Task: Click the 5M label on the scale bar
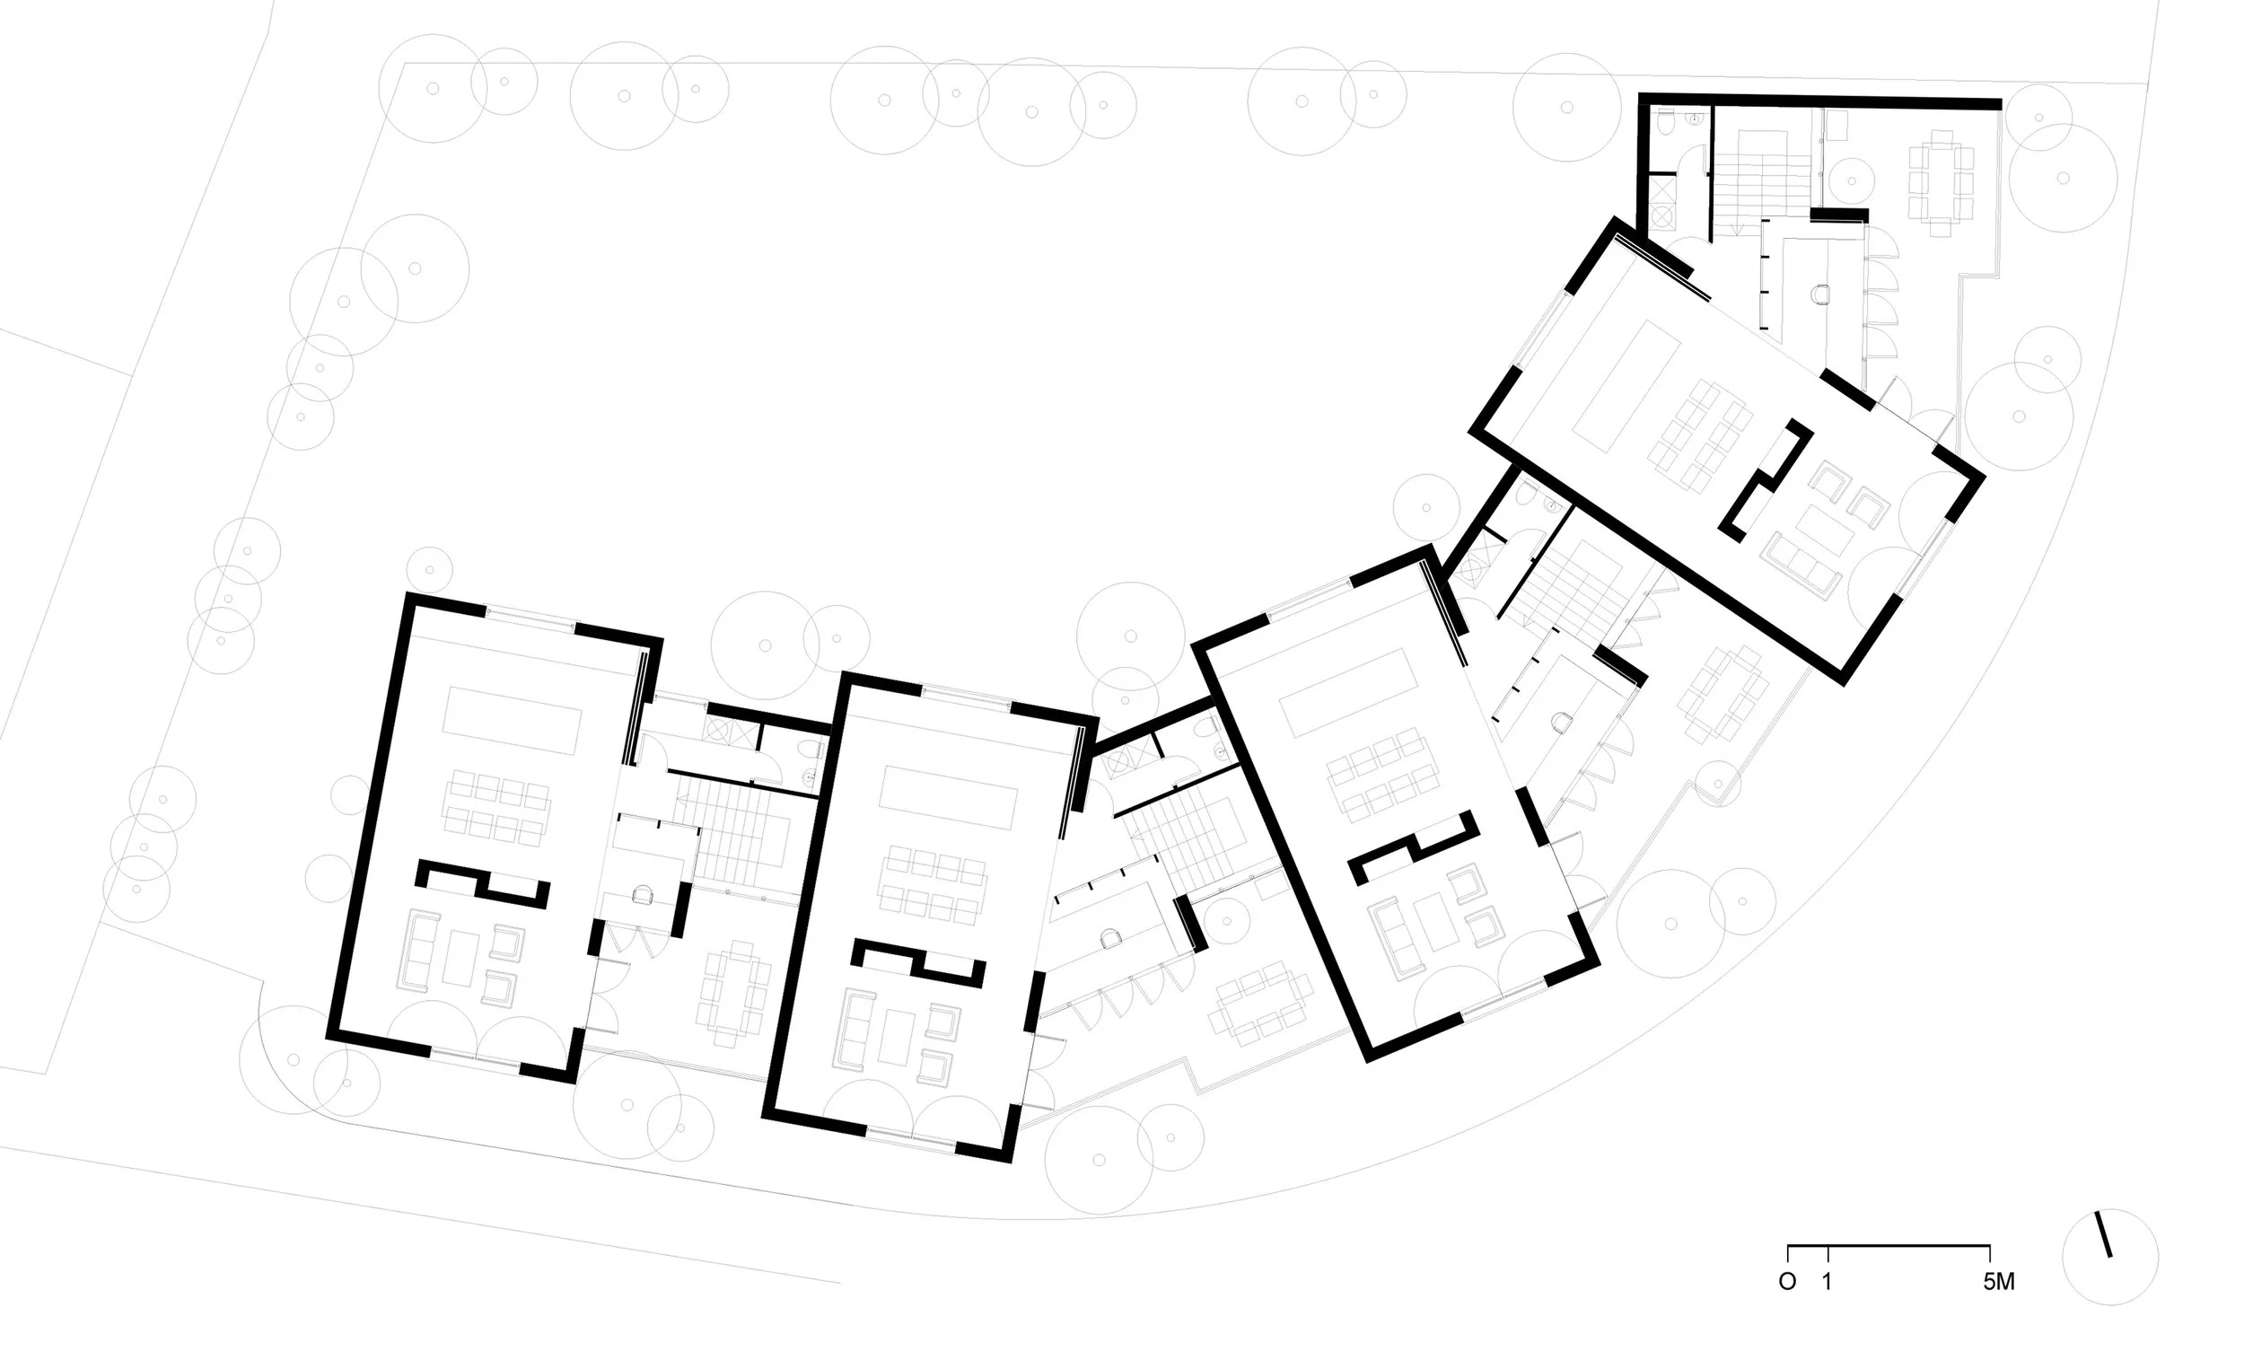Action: pyautogui.click(x=1999, y=1282)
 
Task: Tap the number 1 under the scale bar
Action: pyautogui.click(x=1827, y=1282)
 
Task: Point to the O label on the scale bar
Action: pyautogui.click(x=1787, y=1282)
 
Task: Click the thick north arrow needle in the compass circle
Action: pyautogui.click(x=2104, y=1233)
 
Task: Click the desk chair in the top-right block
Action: pyautogui.click(x=1821, y=294)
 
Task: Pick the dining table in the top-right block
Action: pyautogui.click(x=1940, y=183)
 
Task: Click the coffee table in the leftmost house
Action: pyautogui.click(x=460, y=958)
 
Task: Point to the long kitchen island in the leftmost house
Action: pyautogui.click(x=512, y=720)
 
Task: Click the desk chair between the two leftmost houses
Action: pyautogui.click(x=643, y=896)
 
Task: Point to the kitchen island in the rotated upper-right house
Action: pyautogui.click(x=1626, y=386)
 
